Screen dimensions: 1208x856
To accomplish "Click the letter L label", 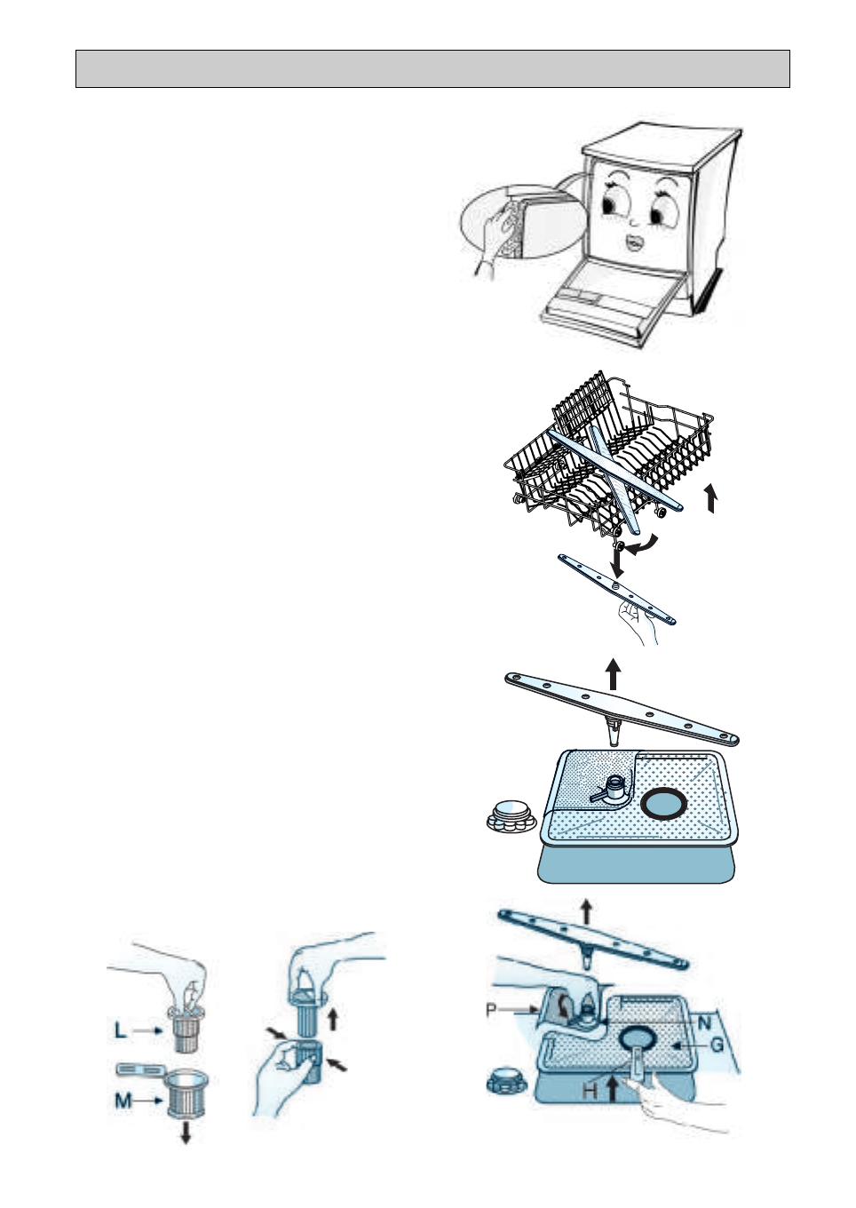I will point(120,1030).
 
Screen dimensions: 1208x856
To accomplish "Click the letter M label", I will point(123,1101).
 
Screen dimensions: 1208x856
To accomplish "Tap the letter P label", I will point(491,1010).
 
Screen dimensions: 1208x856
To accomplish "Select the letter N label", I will point(704,1023).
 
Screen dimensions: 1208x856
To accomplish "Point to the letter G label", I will point(717,1045).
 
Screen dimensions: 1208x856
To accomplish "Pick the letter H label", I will point(590,1089).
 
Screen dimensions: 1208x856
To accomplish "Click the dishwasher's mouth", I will point(634,242).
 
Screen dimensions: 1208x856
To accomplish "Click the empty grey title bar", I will point(432,69).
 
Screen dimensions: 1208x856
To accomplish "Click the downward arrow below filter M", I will point(186,1132).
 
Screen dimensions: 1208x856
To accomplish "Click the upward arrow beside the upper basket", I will point(710,498).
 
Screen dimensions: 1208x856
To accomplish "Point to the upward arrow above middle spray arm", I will point(613,674).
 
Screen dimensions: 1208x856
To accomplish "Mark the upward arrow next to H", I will point(612,1088).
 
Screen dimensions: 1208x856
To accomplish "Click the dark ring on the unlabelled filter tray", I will point(663,805).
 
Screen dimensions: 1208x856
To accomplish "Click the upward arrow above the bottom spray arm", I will point(585,910).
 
